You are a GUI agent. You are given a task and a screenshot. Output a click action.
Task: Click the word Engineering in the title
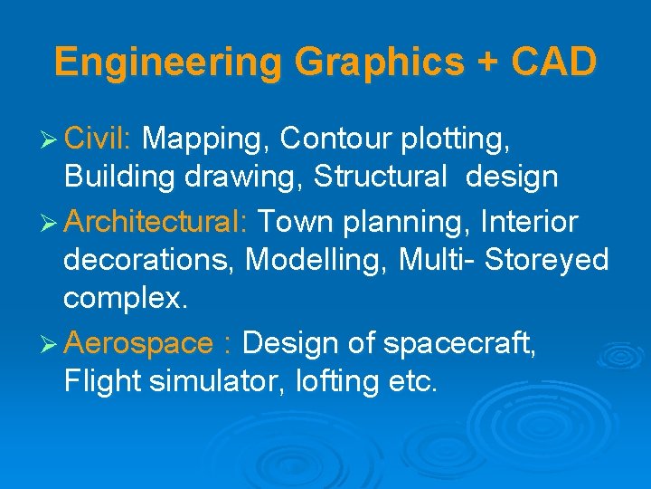[169, 63]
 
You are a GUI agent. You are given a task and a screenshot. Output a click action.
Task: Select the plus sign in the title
[486, 63]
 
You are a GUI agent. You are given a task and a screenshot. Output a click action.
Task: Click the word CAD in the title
[553, 62]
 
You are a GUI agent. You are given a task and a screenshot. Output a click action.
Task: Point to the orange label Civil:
[99, 139]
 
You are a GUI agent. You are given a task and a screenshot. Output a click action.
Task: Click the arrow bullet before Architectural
[50, 222]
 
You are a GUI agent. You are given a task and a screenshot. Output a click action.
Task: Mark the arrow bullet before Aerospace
[50, 344]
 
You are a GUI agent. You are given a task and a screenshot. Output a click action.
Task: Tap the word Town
[294, 221]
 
